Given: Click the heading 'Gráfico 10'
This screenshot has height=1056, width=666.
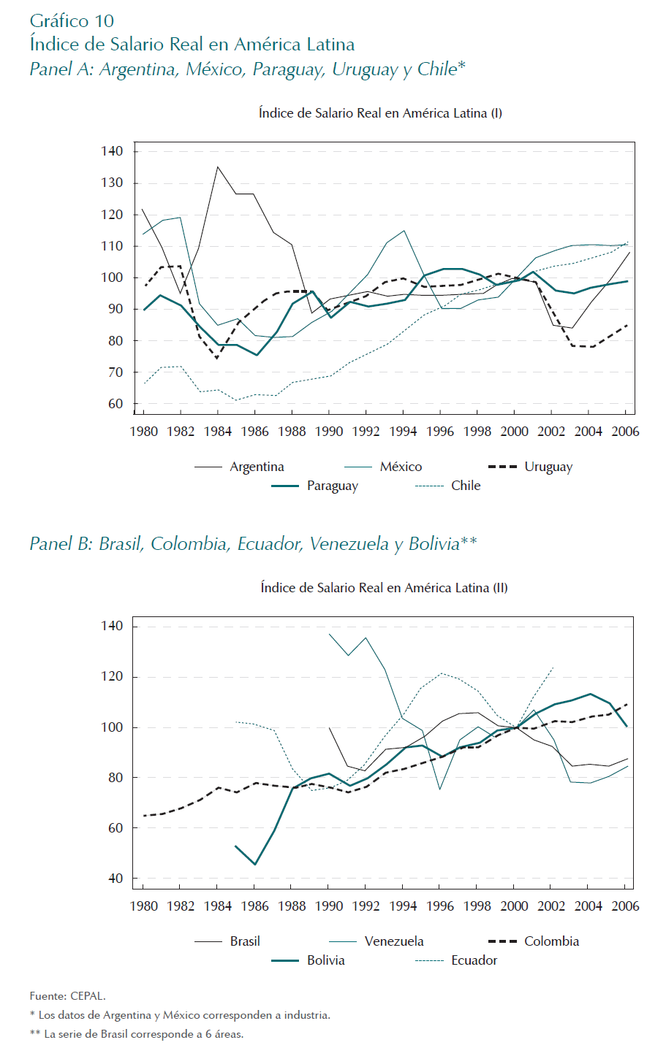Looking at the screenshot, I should tap(72, 20).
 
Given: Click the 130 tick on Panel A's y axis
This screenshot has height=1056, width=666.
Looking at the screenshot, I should tap(112, 183).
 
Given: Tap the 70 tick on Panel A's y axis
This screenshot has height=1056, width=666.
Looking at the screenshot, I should tap(116, 372).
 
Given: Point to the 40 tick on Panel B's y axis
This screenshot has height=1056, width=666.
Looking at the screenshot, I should tap(116, 879).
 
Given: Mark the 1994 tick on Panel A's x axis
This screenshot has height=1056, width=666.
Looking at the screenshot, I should tap(403, 432).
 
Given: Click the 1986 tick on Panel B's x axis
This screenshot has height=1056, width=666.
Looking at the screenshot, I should tap(254, 906).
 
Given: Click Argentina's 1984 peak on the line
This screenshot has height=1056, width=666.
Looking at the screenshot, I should tap(217, 167).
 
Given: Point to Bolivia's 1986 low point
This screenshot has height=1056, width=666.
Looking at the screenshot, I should tap(254, 865).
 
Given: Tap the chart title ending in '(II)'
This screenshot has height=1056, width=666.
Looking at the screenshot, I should tap(384, 588).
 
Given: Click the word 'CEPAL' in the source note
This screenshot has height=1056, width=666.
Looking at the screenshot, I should tap(88, 995).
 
